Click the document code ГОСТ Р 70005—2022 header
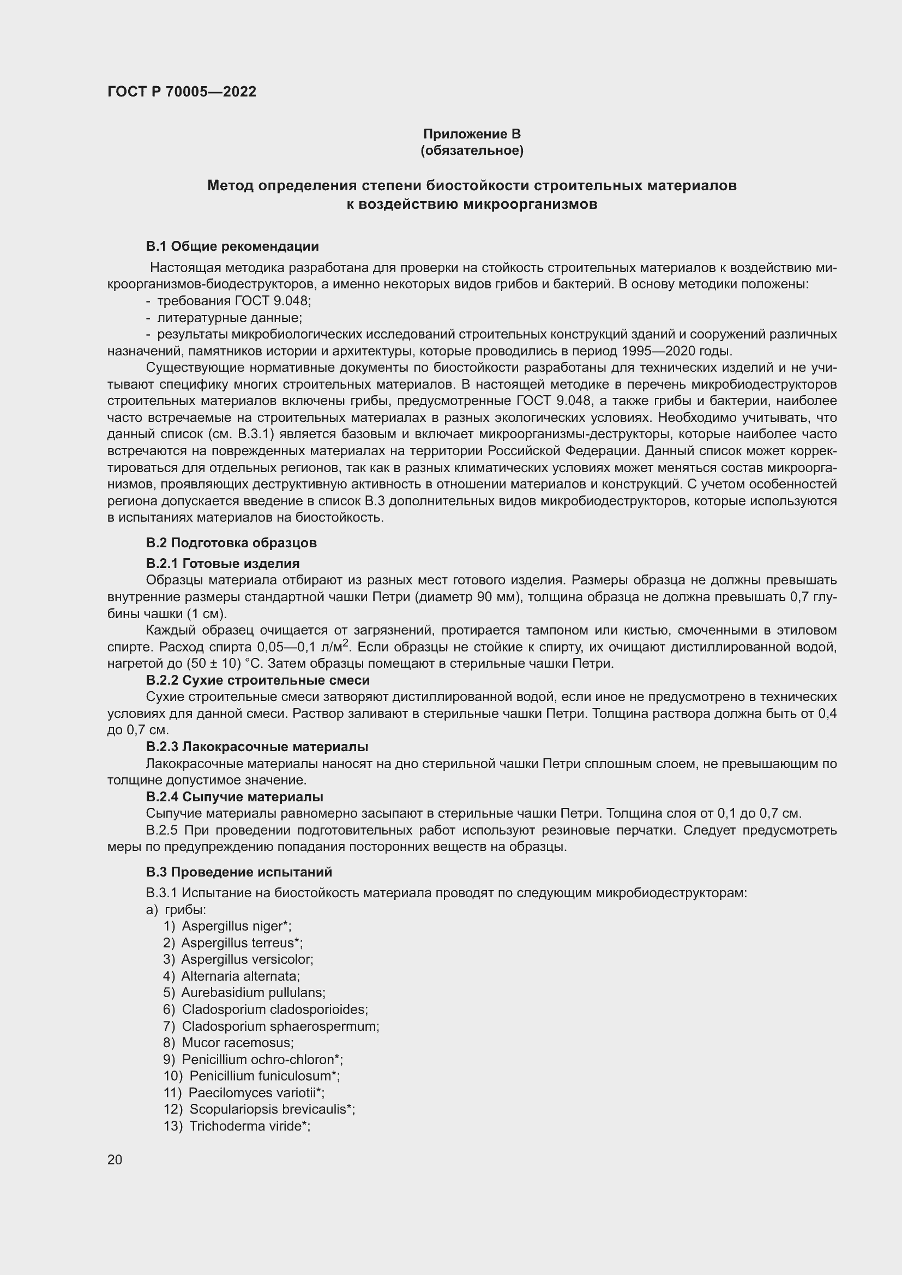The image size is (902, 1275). (x=182, y=92)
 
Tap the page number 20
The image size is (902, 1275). (x=115, y=1159)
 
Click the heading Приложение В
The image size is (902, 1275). (x=472, y=134)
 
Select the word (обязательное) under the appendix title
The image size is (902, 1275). (x=472, y=150)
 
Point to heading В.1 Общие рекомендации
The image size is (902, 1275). (x=232, y=246)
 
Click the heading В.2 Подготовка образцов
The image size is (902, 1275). (x=231, y=542)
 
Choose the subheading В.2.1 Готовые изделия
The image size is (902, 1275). (x=223, y=563)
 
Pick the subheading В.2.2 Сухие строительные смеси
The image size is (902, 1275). (x=258, y=680)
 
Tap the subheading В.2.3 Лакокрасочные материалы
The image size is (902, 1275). (x=257, y=746)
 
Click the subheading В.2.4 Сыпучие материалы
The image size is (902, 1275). (x=234, y=797)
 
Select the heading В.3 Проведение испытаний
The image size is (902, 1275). (x=239, y=872)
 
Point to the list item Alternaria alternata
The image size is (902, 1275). (x=240, y=976)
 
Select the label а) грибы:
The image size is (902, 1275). (x=176, y=910)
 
